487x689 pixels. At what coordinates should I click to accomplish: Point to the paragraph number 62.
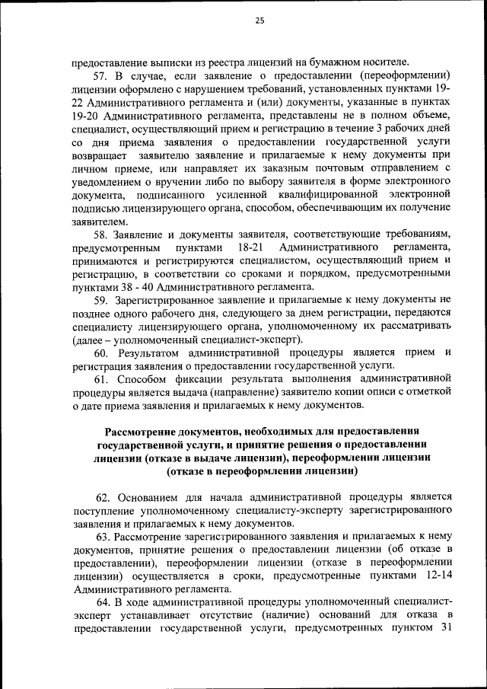pyautogui.click(x=101, y=495)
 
